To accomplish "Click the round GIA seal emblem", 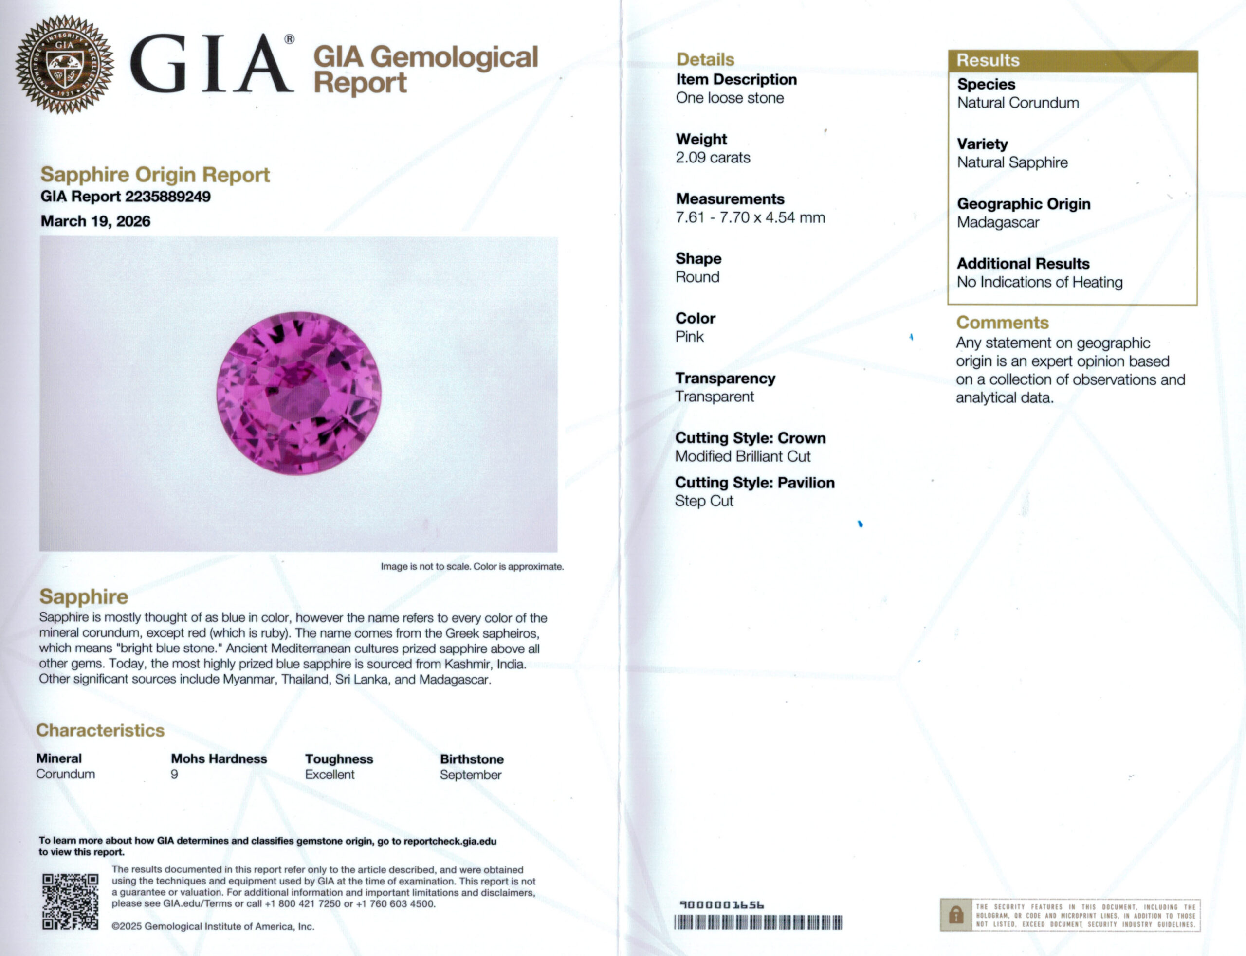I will [64, 64].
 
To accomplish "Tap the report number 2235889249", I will [167, 197].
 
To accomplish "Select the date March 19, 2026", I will [95, 221].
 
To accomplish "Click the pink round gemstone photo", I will [299, 393].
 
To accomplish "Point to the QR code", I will [70, 902].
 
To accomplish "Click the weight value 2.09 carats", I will [713, 158].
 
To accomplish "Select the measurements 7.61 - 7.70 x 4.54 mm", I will [750, 217].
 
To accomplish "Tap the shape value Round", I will [697, 277].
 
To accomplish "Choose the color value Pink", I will [689, 337].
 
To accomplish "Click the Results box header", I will [1072, 60].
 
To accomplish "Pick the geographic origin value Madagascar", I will [998, 222].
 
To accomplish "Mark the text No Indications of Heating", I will [1039, 282].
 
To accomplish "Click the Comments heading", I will [1002, 323].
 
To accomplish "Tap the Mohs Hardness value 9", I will [174, 775].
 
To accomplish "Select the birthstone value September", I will [470, 775].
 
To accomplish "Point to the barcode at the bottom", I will [758, 922].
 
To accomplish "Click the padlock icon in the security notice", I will [956, 915].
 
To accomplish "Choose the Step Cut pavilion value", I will [704, 501].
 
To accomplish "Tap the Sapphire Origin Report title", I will [155, 175].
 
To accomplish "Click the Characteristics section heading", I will [100, 731].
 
